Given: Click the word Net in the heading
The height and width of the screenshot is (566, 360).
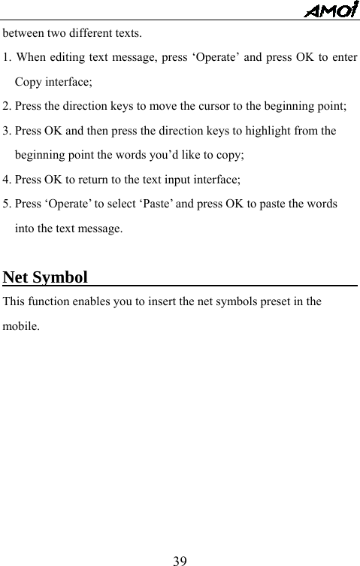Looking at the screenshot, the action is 16,277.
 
